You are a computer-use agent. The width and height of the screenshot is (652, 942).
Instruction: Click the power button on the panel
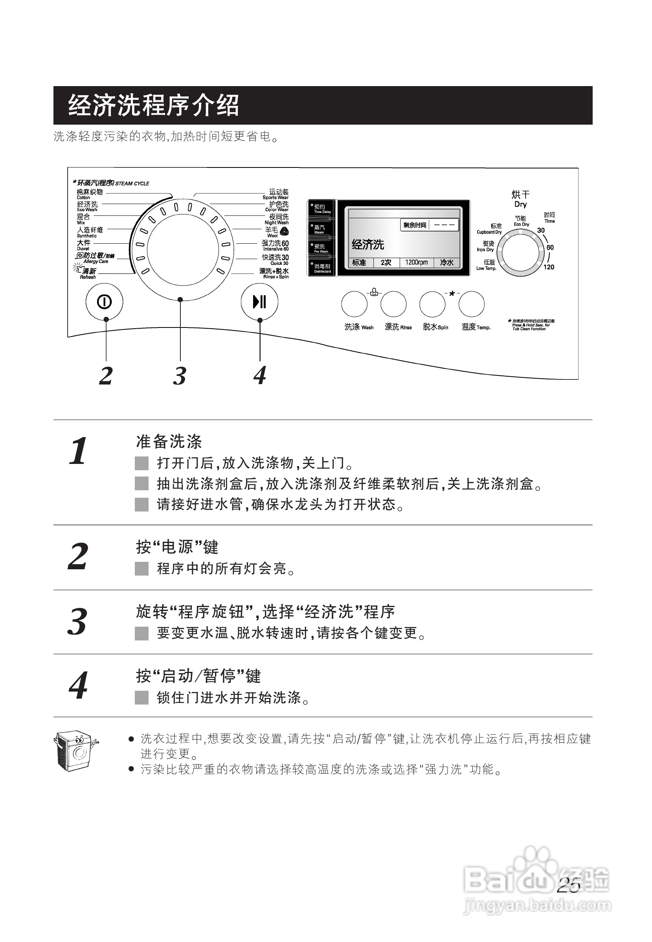pyautogui.click(x=104, y=302)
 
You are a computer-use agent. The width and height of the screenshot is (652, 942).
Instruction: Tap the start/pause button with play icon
pyautogui.click(x=259, y=302)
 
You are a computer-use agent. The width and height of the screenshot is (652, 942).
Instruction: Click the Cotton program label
pyautogui.click(x=90, y=194)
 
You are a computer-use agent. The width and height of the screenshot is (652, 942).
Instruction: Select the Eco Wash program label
pyautogui.click(x=87, y=206)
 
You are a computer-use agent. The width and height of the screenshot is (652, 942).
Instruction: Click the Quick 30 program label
pyautogui.click(x=275, y=259)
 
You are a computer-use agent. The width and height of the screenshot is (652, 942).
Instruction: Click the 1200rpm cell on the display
pyautogui.click(x=416, y=262)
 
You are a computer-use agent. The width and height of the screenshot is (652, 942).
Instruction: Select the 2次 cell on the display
pyautogui.click(x=386, y=262)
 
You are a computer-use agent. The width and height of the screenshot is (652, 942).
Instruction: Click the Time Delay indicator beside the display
pyautogui.click(x=321, y=209)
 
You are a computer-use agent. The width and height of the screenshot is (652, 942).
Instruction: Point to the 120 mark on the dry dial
pyautogui.click(x=549, y=267)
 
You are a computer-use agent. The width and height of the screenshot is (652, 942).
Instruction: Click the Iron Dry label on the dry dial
pyautogui.click(x=486, y=246)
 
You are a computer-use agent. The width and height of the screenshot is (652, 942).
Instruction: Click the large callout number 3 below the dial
pyautogui.click(x=180, y=375)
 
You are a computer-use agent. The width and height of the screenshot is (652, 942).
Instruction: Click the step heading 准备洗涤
pyautogui.click(x=169, y=442)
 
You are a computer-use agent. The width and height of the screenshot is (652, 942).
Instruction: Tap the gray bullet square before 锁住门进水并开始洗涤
pyautogui.click(x=141, y=697)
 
